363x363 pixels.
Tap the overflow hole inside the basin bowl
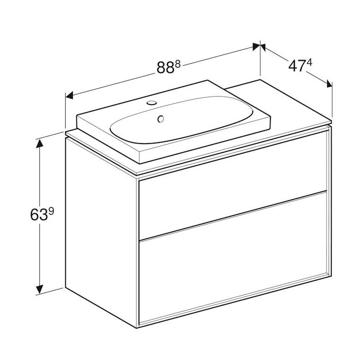click(161, 120)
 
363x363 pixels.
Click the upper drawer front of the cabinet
click(233, 199)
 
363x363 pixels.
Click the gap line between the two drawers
click(233, 215)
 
